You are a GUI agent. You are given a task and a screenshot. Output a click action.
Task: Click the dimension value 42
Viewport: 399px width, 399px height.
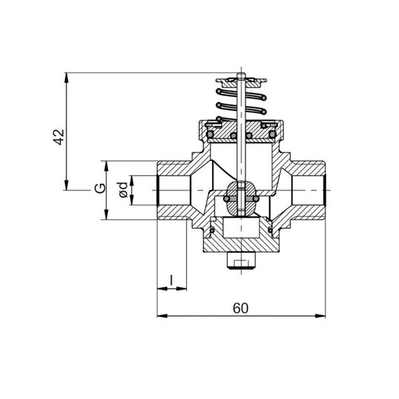coord(60,136)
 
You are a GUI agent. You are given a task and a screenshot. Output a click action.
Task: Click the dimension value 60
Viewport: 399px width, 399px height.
coord(240,308)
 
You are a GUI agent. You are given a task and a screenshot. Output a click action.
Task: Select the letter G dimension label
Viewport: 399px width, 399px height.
coord(100,188)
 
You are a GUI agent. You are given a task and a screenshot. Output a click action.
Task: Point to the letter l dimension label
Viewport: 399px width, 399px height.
coord(172,280)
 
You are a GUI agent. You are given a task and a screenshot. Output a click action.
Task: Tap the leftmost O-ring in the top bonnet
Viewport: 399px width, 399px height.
coord(207,128)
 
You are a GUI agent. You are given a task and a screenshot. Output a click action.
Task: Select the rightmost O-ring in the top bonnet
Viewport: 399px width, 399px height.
coord(273,128)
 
